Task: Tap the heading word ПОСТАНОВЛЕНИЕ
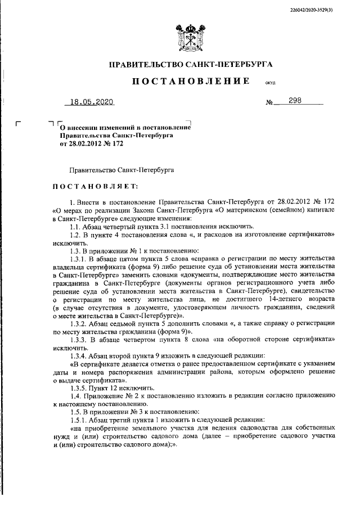coord(191,82)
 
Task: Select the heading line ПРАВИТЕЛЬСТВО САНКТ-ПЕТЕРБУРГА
coord(190,65)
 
